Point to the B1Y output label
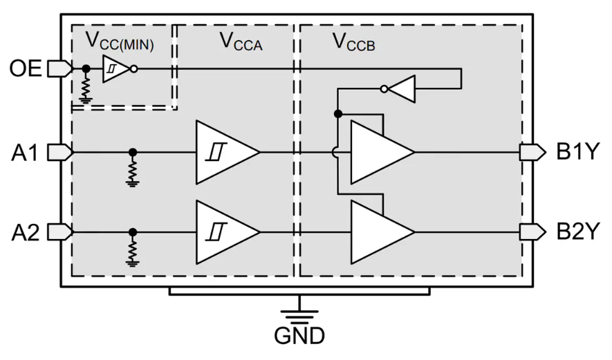tap(578, 152)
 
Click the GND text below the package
tap(299, 337)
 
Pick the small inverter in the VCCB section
tap(401, 88)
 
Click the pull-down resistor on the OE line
tap(85, 88)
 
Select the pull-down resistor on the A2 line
tap(133, 251)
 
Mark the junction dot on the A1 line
tap(133, 152)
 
